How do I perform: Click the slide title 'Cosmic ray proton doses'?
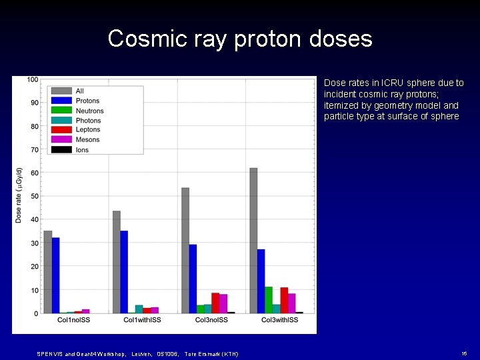240,39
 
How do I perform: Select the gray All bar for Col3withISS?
253,241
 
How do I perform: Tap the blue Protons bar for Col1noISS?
56,275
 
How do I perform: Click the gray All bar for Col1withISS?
117,262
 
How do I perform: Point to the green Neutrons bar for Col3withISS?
269,300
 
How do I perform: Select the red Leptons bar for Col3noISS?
215,303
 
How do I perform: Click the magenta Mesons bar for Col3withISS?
291,303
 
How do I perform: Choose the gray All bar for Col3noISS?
185,251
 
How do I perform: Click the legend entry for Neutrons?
89,111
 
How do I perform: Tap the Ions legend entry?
82,150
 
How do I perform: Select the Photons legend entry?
88,121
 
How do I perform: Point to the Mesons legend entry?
87,140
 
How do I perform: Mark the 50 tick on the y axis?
34,196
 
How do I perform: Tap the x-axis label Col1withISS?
142,321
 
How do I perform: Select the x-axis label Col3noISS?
211,321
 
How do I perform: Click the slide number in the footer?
464,353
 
